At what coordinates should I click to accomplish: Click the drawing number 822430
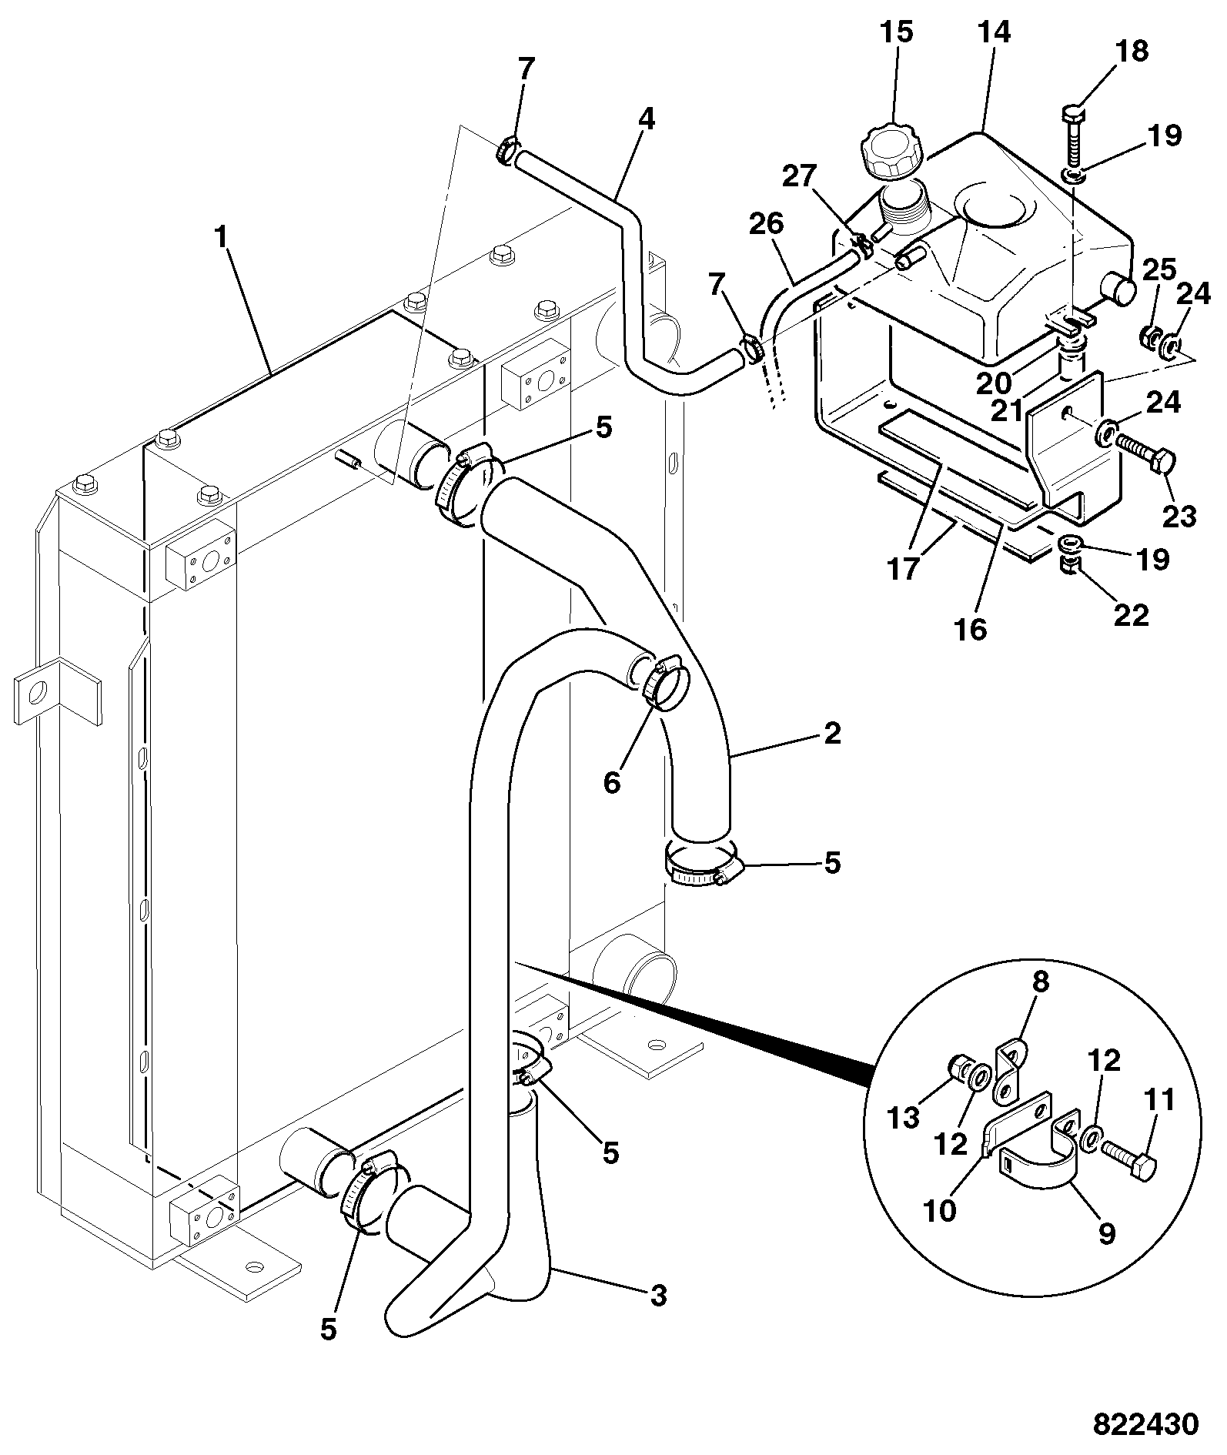1146,1423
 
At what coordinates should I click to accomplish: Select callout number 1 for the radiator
221,238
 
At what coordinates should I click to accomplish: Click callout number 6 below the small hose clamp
611,783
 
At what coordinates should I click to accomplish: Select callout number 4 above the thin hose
646,119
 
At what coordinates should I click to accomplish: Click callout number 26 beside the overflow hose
766,224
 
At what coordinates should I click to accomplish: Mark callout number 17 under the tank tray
904,569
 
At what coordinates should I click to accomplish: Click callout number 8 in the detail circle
1041,983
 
